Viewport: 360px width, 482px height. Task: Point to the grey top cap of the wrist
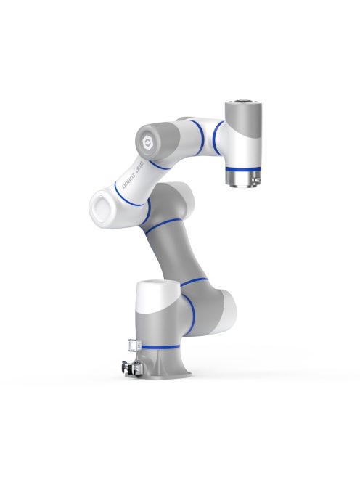(242, 114)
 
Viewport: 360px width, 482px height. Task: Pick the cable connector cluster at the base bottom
(131, 367)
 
